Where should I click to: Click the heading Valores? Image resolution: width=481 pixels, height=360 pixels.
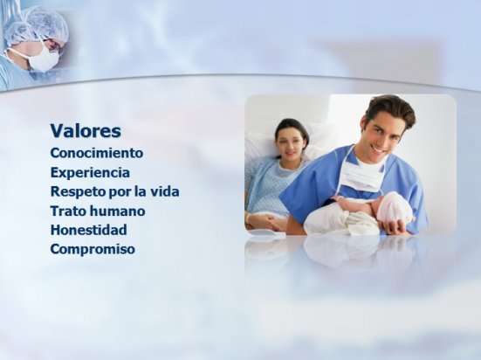(86, 131)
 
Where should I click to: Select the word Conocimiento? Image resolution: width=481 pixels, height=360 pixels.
(97, 153)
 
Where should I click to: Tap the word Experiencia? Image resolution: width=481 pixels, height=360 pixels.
(90, 173)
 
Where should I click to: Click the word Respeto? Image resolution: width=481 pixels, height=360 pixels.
(79, 192)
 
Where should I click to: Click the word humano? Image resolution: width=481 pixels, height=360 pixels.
(113, 211)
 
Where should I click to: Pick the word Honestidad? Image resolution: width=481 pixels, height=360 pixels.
(88, 230)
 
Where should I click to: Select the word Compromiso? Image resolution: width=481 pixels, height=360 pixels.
(93, 249)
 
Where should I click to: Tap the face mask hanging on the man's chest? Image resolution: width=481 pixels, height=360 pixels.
(362, 175)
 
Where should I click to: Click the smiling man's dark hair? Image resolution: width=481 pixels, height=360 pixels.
(391, 112)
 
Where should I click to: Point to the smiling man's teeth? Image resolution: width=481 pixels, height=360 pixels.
(380, 151)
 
